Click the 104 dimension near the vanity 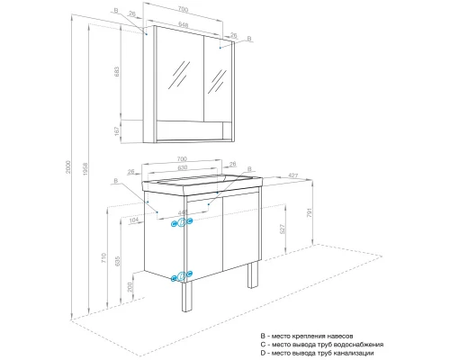(133, 219)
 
